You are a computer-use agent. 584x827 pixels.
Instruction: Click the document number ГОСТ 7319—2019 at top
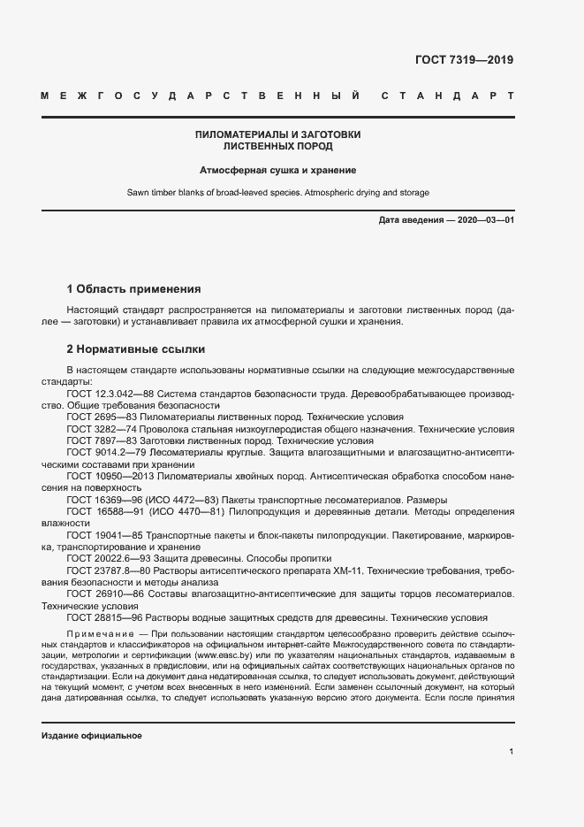464,60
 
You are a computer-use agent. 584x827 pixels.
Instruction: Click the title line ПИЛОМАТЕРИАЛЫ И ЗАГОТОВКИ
277,134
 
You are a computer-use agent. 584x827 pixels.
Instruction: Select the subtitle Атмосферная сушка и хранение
277,170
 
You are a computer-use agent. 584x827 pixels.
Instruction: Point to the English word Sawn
139,192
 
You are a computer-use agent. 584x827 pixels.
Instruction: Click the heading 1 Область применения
134,289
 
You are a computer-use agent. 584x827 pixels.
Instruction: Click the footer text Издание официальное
91,736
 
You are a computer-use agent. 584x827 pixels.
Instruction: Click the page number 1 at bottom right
512,751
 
